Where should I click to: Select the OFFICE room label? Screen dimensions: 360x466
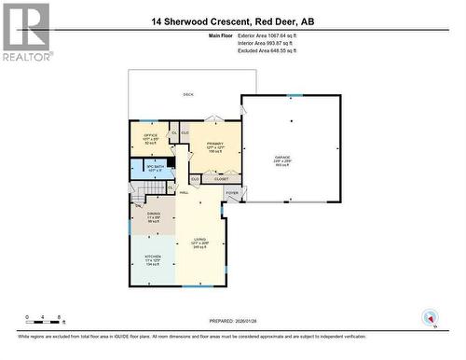coord(149,136)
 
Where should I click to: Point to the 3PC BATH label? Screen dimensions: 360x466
coord(155,169)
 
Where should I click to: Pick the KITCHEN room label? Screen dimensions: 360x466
coord(153,258)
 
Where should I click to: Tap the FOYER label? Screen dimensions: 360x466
coord(231,193)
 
